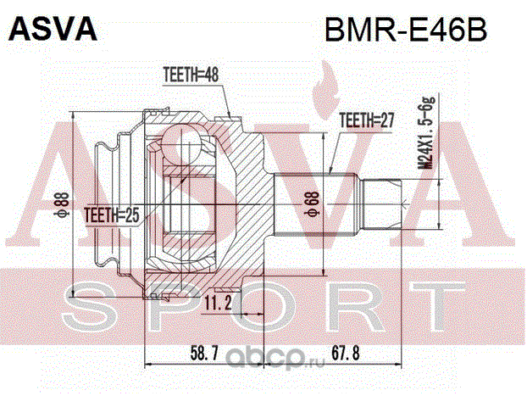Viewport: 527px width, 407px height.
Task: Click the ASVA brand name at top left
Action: [x=53, y=29]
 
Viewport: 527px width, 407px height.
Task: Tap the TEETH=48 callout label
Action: [x=189, y=75]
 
